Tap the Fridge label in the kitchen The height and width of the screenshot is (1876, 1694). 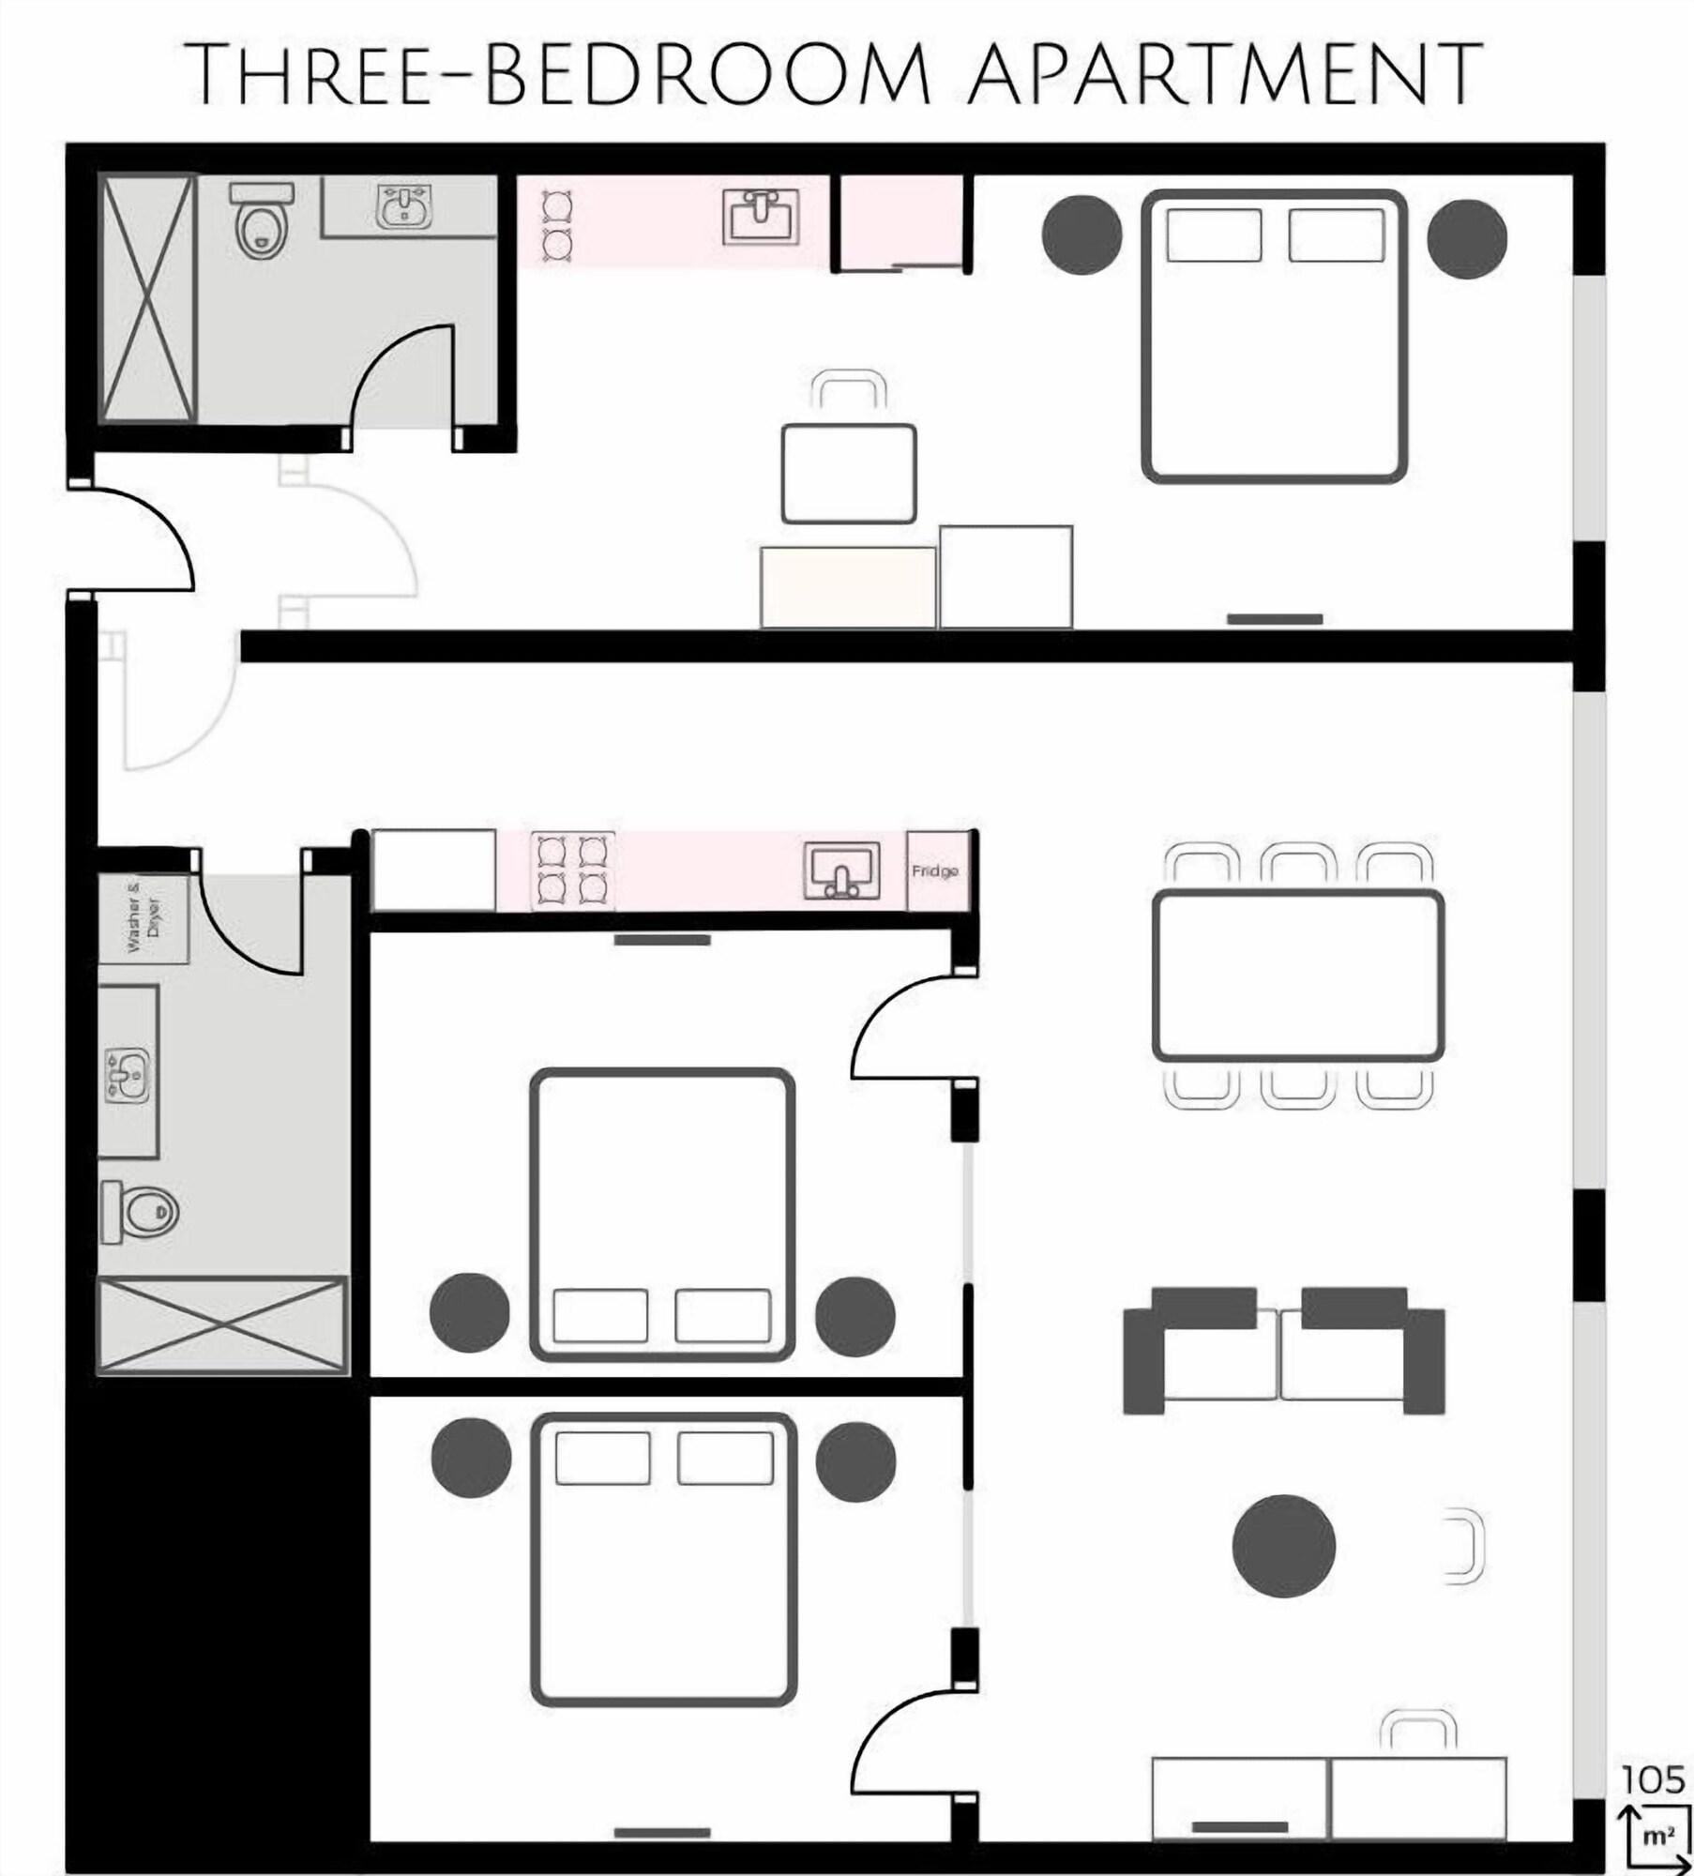click(935, 871)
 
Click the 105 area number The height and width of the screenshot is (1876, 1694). click(1654, 1780)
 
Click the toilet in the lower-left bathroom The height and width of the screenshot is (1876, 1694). click(139, 1212)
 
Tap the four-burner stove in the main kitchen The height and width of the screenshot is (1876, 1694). click(573, 870)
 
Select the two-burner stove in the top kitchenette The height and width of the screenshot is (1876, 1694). click(556, 224)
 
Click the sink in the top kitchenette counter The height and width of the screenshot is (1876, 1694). click(761, 217)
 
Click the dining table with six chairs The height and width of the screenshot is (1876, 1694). click(1298, 976)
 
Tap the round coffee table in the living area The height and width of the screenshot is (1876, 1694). click(1283, 1545)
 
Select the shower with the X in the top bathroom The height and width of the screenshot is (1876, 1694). click(148, 298)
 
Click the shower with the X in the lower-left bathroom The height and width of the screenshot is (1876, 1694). click(222, 1325)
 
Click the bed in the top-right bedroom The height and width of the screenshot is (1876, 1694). click(1274, 337)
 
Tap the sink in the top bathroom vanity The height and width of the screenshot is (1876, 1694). click(404, 206)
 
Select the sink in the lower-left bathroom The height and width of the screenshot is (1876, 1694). click(128, 1076)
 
